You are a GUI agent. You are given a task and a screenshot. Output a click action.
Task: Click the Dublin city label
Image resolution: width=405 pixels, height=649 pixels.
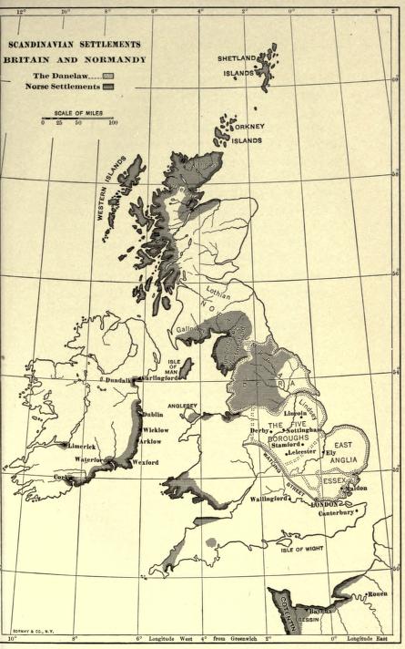point(152,415)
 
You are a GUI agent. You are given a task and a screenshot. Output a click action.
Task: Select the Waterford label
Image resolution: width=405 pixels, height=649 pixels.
point(94,461)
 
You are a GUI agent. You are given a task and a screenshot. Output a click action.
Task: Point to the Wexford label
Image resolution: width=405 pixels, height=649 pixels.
point(146,463)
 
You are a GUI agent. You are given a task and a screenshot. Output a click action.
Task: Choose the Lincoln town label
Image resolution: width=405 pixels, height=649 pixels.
point(295,414)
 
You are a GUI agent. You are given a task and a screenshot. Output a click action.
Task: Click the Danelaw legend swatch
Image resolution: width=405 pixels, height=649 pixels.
point(108,76)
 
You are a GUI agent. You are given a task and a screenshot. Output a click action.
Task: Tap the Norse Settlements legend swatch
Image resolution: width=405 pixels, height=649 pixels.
point(108,87)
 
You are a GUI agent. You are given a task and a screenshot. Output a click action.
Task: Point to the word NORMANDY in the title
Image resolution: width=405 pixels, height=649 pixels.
point(116,59)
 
